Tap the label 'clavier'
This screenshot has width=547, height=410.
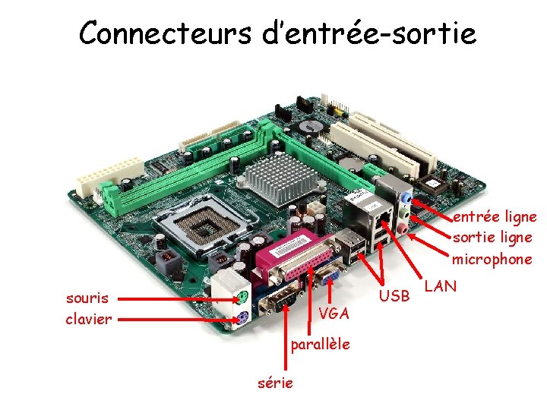88,319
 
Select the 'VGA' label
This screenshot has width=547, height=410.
334,314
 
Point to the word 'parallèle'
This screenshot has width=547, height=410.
320,344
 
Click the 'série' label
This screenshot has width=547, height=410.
275,383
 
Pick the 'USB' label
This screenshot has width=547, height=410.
394,295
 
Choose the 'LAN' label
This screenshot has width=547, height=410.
440,286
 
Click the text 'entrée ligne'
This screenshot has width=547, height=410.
495,217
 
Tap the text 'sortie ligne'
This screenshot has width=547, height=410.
492,238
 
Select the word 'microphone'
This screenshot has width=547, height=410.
492,259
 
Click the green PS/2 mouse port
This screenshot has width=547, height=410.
240,295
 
